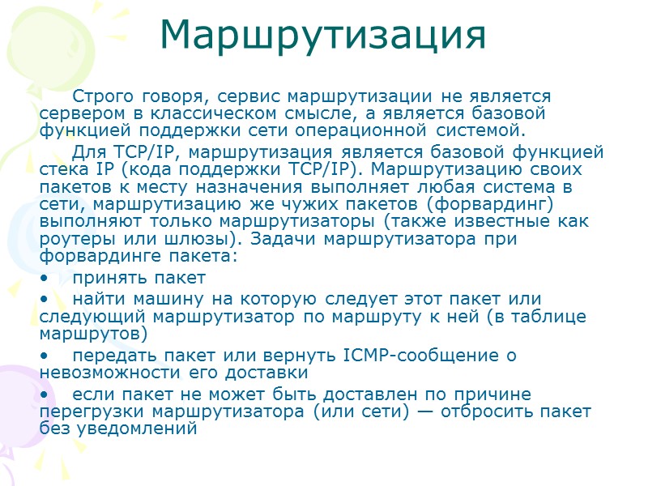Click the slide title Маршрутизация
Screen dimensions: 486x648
(323, 34)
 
